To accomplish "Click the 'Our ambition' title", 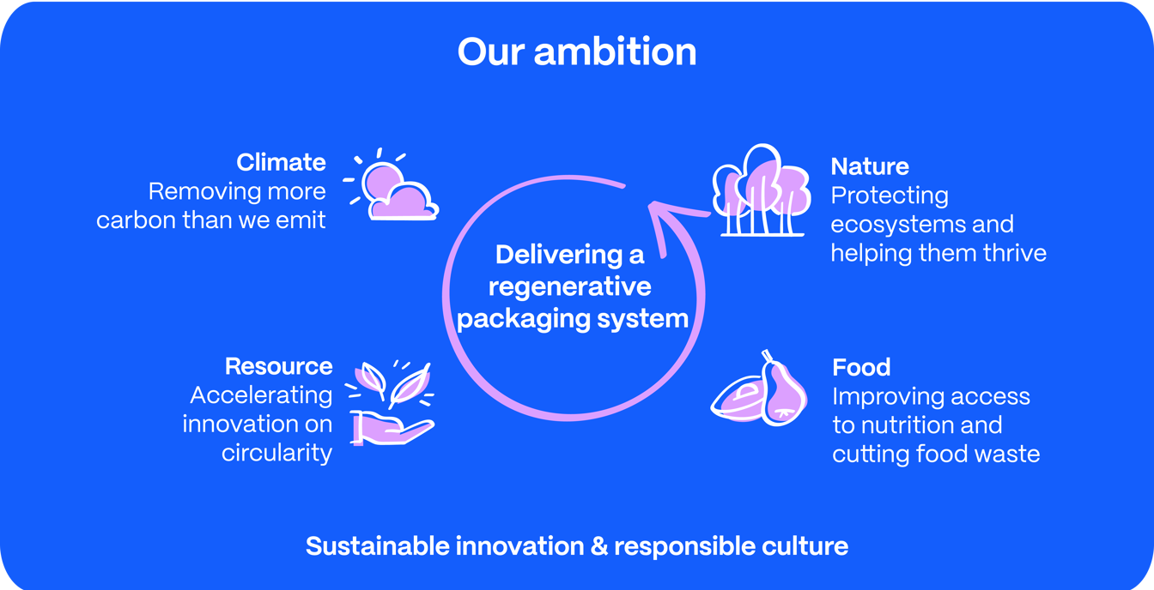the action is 577,52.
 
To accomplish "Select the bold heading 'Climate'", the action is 282,163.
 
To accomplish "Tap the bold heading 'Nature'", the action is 870,166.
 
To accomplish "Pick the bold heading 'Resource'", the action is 279,366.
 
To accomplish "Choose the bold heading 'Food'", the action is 861,367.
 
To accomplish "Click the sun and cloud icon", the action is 391,184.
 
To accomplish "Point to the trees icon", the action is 762,190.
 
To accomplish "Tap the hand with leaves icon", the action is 390,402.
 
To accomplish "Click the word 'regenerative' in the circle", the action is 570,286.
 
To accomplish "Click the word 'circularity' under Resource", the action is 276,453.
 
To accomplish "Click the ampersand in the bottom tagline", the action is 599,546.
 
